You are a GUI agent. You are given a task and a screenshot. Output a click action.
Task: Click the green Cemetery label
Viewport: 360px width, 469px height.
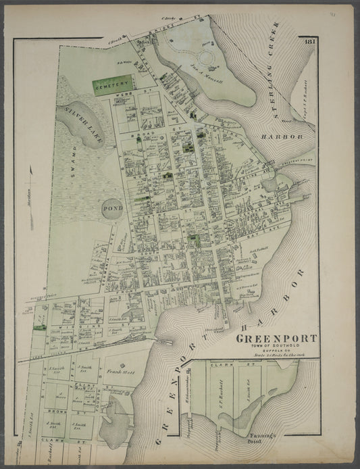(113, 87)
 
